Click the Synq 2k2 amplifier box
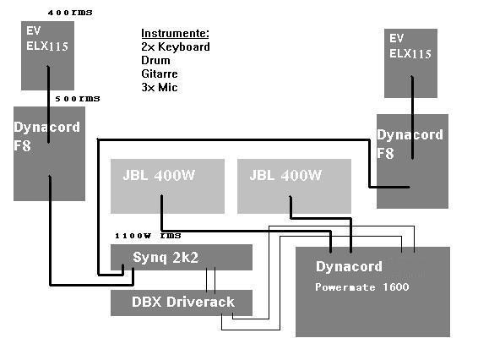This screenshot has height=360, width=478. click(x=182, y=257)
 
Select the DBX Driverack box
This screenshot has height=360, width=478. click(x=182, y=303)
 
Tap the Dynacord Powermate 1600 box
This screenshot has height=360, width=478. click(x=372, y=292)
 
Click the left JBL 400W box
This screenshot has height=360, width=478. click(x=167, y=186)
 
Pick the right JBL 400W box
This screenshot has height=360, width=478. click(x=294, y=186)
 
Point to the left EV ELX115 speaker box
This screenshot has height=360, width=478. click(x=47, y=56)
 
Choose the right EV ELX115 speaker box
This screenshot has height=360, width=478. click(x=410, y=63)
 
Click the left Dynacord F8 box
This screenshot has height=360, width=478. click(x=49, y=154)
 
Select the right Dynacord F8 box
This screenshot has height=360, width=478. click(x=412, y=161)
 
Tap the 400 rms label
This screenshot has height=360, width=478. click(x=70, y=13)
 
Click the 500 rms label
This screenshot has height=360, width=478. click(x=78, y=99)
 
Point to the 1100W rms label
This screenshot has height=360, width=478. click(x=148, y=236)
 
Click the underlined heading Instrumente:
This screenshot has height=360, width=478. click(x=176, y=33)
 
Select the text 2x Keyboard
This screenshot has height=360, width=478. click(x=176, y=46)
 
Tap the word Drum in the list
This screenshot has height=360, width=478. click(x=155, y=60)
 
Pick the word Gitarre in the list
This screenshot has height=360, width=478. click(x=160, y=74)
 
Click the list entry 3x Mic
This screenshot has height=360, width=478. click(x=160, y=87)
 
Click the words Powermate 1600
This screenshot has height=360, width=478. click(x=361, y=286)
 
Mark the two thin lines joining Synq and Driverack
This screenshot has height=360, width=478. click(x=210, y=279)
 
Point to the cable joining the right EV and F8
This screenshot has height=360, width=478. click(x=412, y=117)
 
